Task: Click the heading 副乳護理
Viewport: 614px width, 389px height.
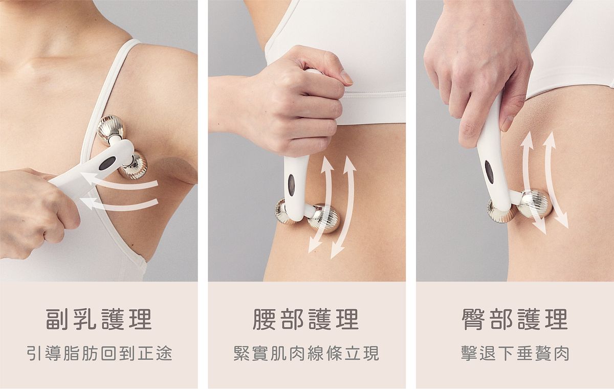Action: click(99, 319)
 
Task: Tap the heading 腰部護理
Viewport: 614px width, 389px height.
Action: click(306, 319)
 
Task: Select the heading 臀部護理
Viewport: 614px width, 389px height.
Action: click(515, 319)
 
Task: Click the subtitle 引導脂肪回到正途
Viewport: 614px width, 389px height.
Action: click(100, 353)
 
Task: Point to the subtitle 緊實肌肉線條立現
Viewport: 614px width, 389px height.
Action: click(306, 353)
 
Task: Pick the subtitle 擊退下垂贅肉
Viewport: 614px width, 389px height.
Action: click(515, 353)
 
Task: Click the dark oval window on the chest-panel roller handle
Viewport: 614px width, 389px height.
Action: click(107, 164)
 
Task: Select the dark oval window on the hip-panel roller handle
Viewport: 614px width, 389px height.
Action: click(489, 172)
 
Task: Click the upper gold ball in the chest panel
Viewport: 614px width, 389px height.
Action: click(110, 128)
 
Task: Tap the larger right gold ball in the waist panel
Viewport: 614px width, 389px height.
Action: click(323, 218)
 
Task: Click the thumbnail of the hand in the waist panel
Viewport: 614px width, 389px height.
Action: click(346, 77)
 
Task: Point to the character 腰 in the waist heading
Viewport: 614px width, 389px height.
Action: click(264, 319)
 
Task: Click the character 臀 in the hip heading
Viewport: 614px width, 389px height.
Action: click(473, 319)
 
